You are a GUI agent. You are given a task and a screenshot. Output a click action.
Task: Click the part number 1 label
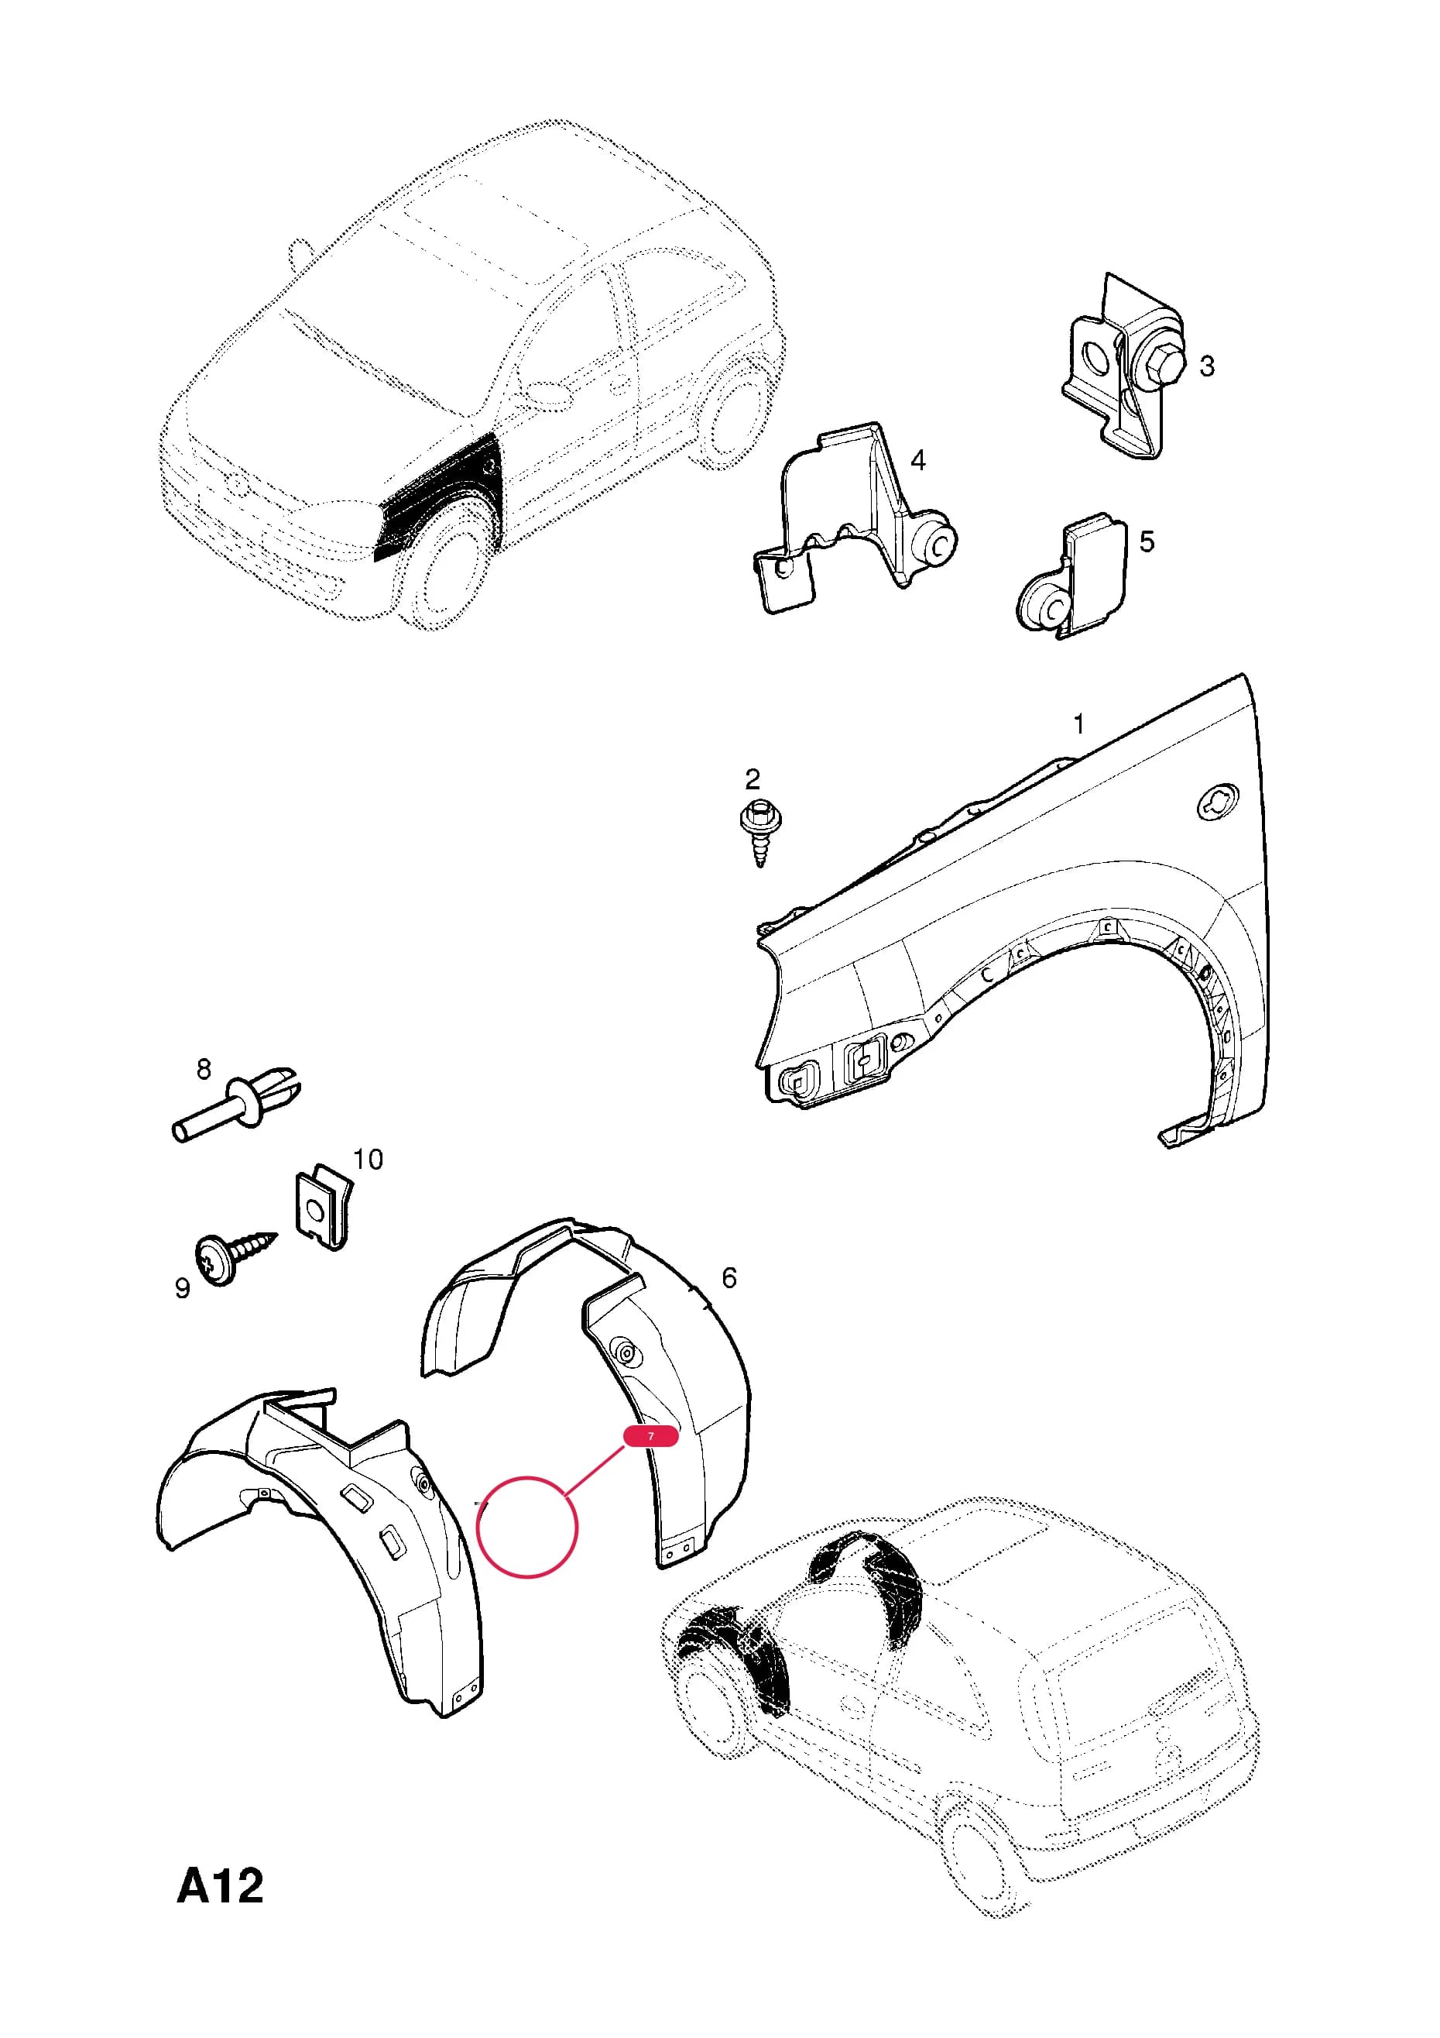pos(1079,724)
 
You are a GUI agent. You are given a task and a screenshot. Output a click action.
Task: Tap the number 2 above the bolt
pos(753,779)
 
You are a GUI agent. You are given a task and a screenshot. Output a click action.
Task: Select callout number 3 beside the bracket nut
pos(1207,366)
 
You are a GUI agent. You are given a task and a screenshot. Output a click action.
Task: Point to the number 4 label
pos(918,460)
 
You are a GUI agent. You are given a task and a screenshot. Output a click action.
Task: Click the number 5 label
pos(1147,541)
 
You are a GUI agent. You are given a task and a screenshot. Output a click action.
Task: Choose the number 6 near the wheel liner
pos(729,1278)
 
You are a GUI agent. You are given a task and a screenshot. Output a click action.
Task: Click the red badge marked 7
pos(650,1436)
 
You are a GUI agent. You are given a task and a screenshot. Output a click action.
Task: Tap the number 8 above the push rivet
pos(204,1070)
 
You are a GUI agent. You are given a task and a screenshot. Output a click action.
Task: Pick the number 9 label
pos(183,1288)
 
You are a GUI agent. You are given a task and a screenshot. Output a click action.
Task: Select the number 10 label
pos(369,1160)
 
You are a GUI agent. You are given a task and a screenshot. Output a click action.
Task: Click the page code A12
pos(221,1887)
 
